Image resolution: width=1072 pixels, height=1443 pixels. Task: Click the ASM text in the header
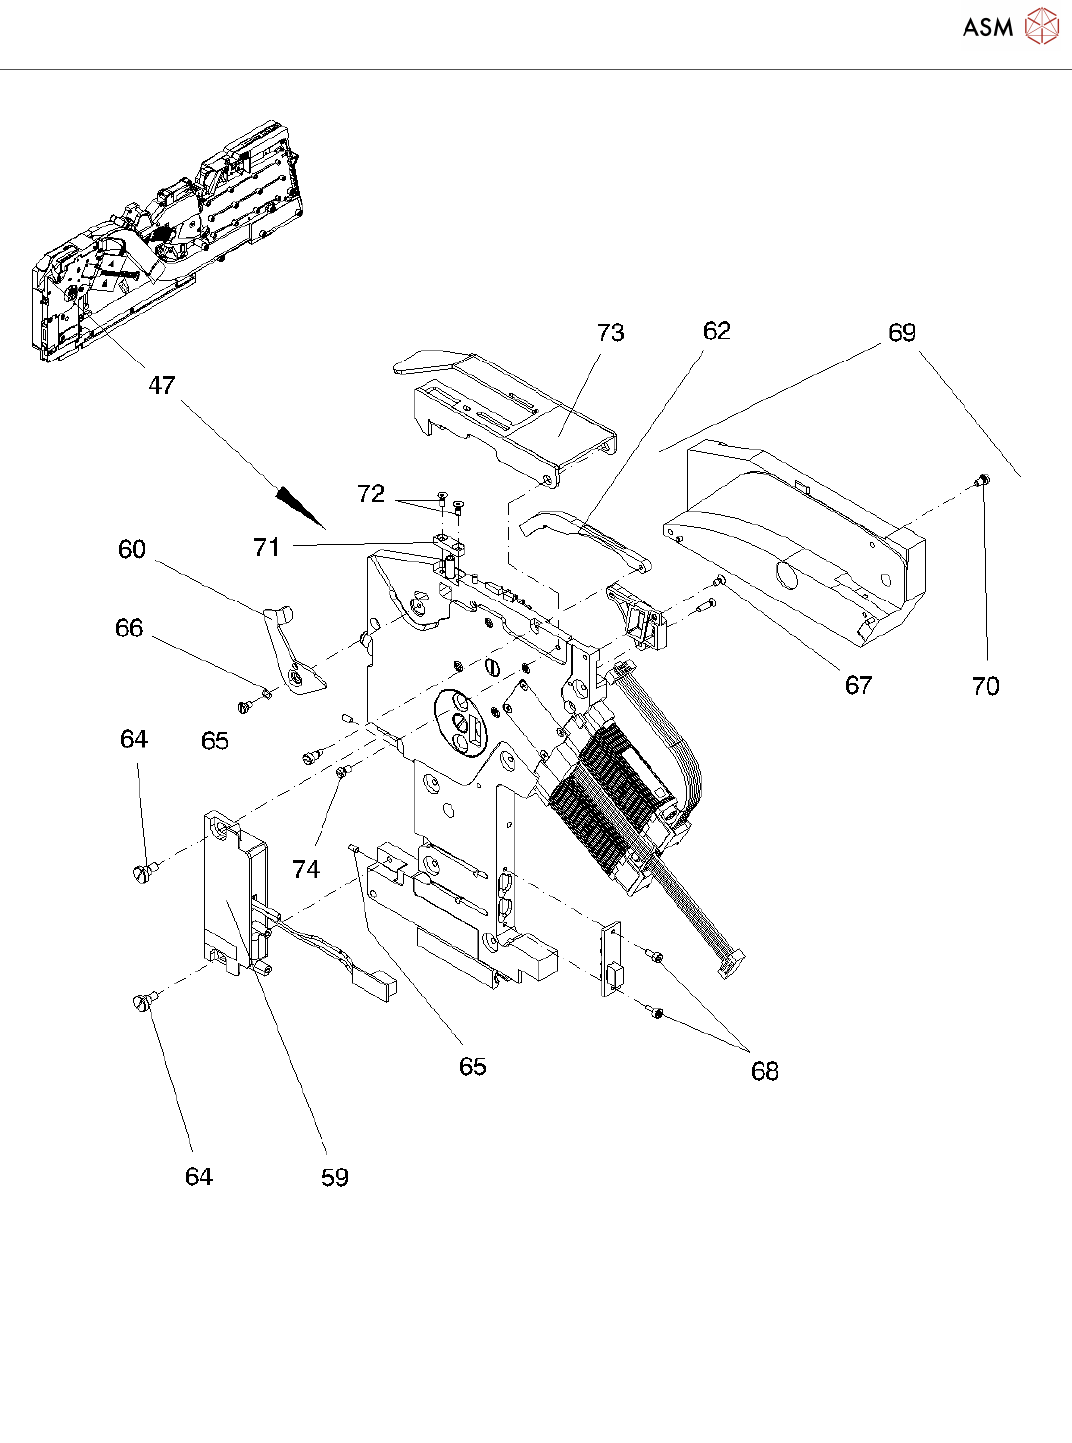point(987,27)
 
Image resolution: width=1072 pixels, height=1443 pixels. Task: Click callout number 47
point(161,385)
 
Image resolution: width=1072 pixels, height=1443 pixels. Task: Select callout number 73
point(610,333)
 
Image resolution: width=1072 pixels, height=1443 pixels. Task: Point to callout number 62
point(716,331)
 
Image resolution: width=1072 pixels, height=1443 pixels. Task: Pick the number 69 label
point(901,333)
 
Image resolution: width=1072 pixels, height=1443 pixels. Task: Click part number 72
point(371,494)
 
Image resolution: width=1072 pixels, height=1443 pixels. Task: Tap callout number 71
point(266,546)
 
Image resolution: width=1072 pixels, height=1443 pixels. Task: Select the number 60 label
point(132,549)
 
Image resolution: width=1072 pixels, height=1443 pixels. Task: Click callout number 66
point(129,628)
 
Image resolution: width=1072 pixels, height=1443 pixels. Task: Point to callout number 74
point(306,869)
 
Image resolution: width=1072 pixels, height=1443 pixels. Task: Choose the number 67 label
point(858,685)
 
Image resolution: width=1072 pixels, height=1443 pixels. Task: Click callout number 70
point(985,686)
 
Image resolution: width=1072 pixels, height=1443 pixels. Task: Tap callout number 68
point(764,1071)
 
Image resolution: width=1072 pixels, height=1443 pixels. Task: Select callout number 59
point(335,1177)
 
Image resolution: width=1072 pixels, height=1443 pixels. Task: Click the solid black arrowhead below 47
point(300,504)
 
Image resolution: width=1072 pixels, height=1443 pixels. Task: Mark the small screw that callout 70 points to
point(981,481)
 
